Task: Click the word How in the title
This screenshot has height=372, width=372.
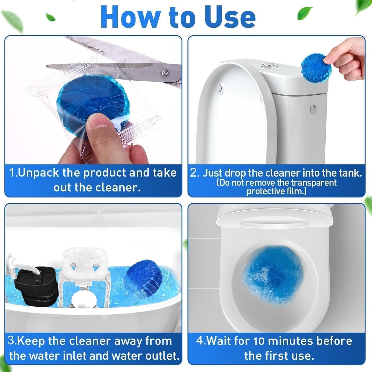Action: coord(131,17)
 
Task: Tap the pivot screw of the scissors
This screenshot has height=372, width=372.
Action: coord(165,73)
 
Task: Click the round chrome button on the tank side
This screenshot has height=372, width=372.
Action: coord(313,109)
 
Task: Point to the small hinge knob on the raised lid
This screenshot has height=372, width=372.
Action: coord(220,88)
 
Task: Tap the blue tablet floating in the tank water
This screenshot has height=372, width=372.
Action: coord(143,279)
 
